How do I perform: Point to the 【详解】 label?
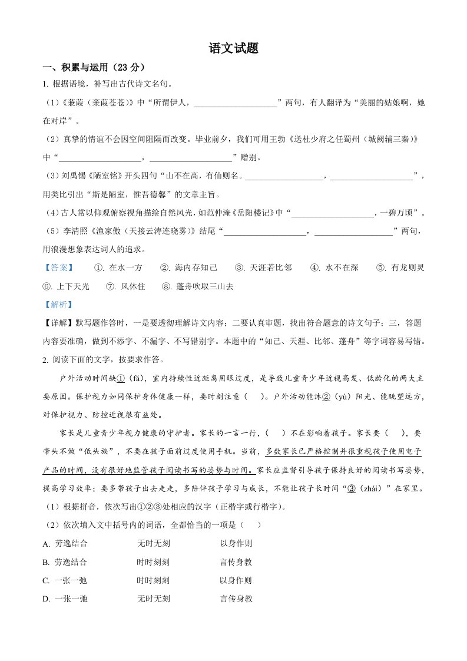pyautogui.click(x=59, y=323)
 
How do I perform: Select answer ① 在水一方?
pyautogui.click(x=118, y=268)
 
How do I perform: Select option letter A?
pyautogui.click(x=46, y=544)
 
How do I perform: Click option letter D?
pyautogui.click(x=46, y=599)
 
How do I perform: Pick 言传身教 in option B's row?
pyautogui.click(x=236, y=562)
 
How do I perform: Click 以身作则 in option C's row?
pyautogui.click(x=236, y=580)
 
